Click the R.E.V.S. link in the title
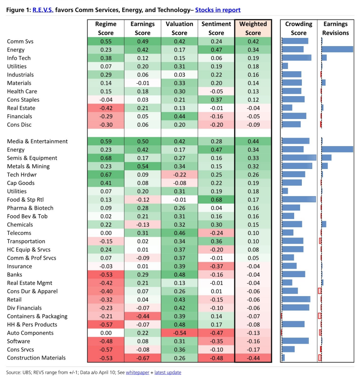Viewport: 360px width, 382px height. (43, 10)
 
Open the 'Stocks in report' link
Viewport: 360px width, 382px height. (218, 10)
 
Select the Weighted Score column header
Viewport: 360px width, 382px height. (253, 28)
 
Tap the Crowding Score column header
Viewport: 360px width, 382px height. (299, 28)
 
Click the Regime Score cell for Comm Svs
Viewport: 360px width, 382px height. (106, 41)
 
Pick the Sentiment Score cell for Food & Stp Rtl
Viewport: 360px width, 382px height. (216, 200)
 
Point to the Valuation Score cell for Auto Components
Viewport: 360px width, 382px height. (180, 333)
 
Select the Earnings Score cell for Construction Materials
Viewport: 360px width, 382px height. (143, 358)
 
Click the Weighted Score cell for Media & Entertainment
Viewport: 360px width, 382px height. (253, 141)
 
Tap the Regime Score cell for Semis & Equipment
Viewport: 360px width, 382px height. (106, 158)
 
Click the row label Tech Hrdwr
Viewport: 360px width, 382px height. (22, 175)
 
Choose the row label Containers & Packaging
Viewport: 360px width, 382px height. (37, 316)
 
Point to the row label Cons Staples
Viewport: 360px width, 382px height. (23, 100)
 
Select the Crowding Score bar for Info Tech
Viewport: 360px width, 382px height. (297, 58)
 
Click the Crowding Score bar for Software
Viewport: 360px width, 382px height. (295, 341)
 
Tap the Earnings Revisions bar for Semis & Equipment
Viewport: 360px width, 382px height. (326, 158)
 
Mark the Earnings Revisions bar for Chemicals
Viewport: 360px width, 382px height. (324, 224)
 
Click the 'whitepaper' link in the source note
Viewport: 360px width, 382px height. (137, 373)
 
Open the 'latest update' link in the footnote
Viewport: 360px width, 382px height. (168, 373)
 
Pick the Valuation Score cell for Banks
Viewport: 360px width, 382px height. (180, 275)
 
